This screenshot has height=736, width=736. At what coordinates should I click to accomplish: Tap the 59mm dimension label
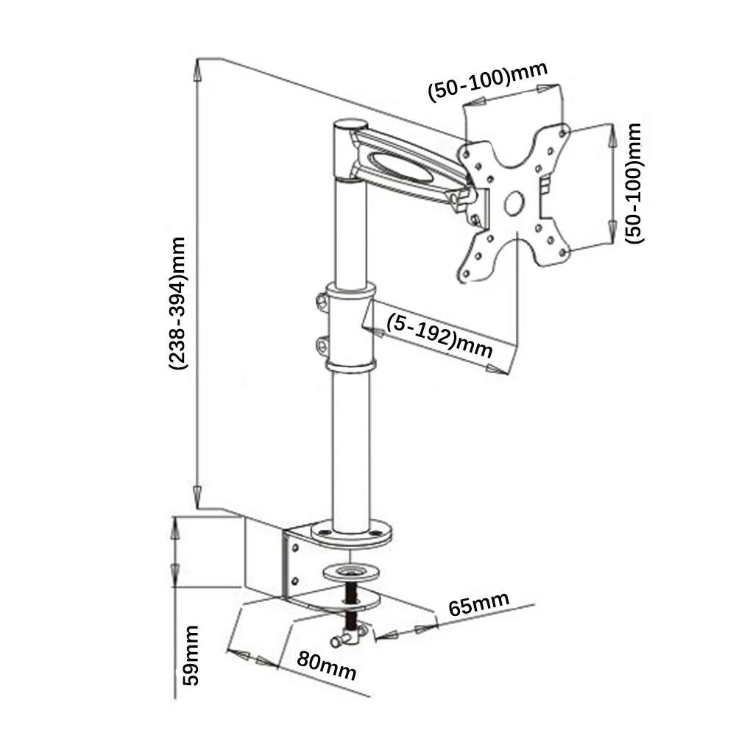click(x=191, y=655)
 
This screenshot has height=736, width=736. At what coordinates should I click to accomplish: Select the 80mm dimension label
click(x=327, y=665)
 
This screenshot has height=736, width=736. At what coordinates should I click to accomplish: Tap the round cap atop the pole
click(x=350, y=125)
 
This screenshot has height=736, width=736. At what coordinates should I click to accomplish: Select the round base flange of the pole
click(x=350, y=533)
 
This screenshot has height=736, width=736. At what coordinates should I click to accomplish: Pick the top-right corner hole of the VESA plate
click(x=564, y=133)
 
